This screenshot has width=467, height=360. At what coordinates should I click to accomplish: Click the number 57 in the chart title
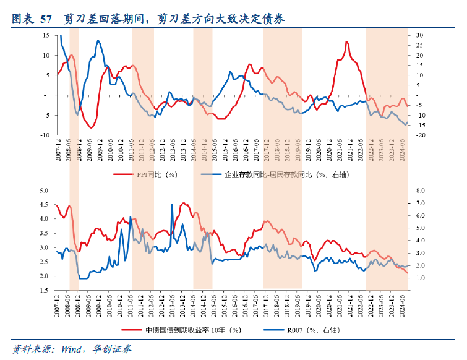tap(46, 19)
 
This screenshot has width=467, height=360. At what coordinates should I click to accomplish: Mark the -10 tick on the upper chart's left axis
tap(45, 135)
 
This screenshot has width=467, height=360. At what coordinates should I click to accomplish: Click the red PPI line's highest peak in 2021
tap(346, 42)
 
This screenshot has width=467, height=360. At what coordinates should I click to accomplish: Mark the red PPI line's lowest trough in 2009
tap(91, 127)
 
